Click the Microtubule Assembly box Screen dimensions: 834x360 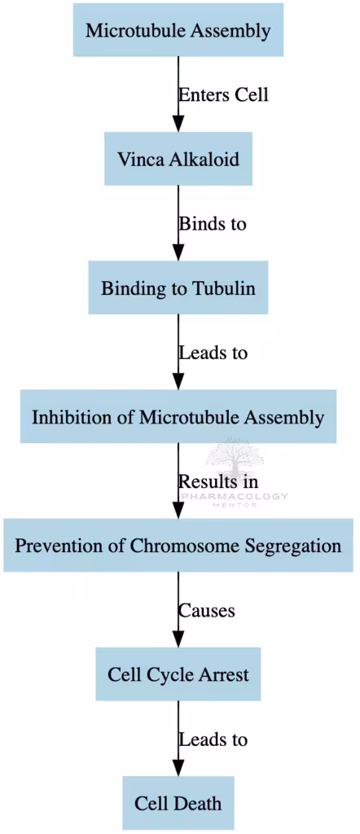click(x=178, y=31)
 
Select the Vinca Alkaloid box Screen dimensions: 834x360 click(x=178, y=159)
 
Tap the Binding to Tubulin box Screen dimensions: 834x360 click(x=178, y=288)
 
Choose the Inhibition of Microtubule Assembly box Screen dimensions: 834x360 click(x=178, y=417)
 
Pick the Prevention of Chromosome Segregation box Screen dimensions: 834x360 click(x=178, y=546)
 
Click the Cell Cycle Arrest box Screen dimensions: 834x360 click(x=178, y=674)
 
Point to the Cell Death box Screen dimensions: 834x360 click(x=178, y=803)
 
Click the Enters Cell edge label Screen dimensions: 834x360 click(x=223, y=94)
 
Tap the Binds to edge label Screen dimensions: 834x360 click(x=212, y=223)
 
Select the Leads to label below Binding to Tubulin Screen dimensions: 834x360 click(x=213, y=353)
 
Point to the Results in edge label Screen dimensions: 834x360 click(x=218, y=481)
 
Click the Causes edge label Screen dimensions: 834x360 click(x=207, y=610)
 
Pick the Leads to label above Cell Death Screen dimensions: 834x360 click(x=213, y=740)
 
